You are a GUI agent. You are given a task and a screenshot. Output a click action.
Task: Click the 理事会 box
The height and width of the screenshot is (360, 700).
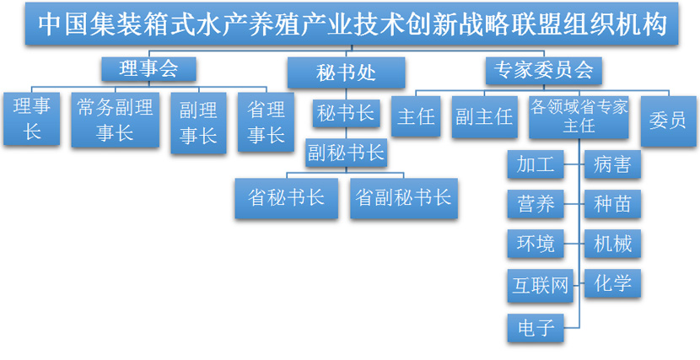coord(148,69)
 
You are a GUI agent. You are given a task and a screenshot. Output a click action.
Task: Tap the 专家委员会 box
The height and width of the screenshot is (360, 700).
coord(543,70)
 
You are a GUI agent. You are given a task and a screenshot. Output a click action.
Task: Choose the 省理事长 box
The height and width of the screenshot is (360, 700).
coord(266,121)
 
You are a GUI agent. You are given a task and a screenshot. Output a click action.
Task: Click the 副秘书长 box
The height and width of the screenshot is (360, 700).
coord(346,153)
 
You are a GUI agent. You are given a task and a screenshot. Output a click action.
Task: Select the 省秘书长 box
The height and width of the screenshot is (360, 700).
coord(287,197)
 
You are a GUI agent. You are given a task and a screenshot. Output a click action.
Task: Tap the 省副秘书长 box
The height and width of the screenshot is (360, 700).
coord(404,197)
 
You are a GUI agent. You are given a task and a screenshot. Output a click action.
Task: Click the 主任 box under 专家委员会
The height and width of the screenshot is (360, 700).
coord(416,116)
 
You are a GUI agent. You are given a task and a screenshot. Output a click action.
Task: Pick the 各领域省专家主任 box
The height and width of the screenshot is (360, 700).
coord(579,116)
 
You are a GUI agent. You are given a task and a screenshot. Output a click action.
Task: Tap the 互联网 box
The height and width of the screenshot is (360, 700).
coord(541,284)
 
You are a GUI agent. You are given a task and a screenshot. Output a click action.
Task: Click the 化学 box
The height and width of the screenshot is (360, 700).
coord(612,282)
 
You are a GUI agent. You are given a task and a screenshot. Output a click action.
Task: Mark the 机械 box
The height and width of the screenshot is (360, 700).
coord(612,244)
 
